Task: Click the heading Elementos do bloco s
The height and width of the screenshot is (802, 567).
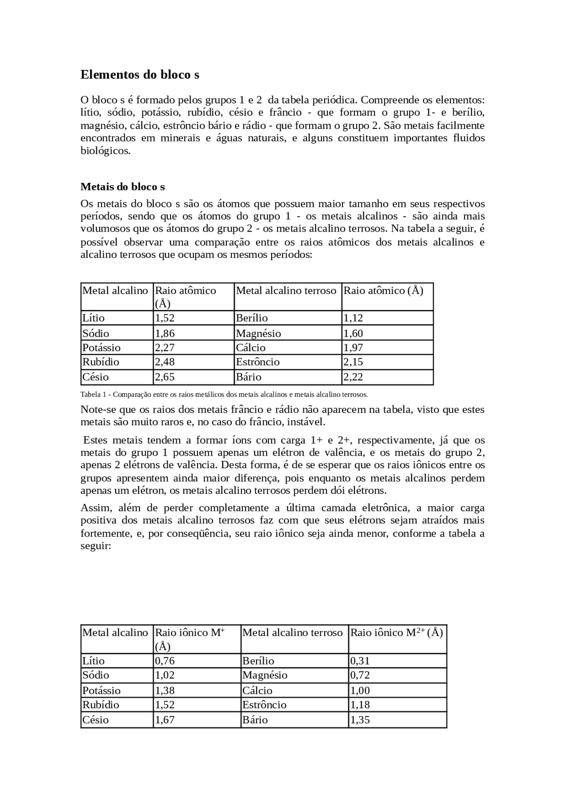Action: [140, 75]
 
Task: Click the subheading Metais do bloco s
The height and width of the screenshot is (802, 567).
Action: [123, 187]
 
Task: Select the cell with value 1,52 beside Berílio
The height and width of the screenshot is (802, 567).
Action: [165, 318]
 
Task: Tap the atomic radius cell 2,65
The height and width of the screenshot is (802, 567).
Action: [165, 377]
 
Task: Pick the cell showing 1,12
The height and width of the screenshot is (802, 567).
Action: [353, 318]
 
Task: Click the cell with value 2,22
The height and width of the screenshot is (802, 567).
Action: [353, 377]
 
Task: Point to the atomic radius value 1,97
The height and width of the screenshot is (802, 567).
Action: [353, 348]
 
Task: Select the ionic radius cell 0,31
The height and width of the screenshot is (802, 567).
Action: [360, 661]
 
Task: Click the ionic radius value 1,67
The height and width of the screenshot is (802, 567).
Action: [165, 720]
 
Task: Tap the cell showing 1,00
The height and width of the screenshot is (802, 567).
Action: [360, 690]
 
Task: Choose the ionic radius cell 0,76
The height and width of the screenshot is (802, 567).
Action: [165, 661]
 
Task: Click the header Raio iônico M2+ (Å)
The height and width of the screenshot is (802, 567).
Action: [396, 633]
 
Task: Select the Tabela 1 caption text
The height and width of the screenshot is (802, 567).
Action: [224, 394]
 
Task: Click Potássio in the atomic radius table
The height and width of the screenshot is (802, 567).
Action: [101, 348]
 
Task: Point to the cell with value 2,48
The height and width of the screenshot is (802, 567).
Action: [165, 362]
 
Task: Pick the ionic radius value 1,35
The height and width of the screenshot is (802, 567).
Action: [360, 720]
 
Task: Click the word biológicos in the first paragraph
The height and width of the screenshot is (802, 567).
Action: [105, 151]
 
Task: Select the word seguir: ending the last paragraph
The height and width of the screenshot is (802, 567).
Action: [95, 546]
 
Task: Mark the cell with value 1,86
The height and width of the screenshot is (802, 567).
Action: [165, 333]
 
